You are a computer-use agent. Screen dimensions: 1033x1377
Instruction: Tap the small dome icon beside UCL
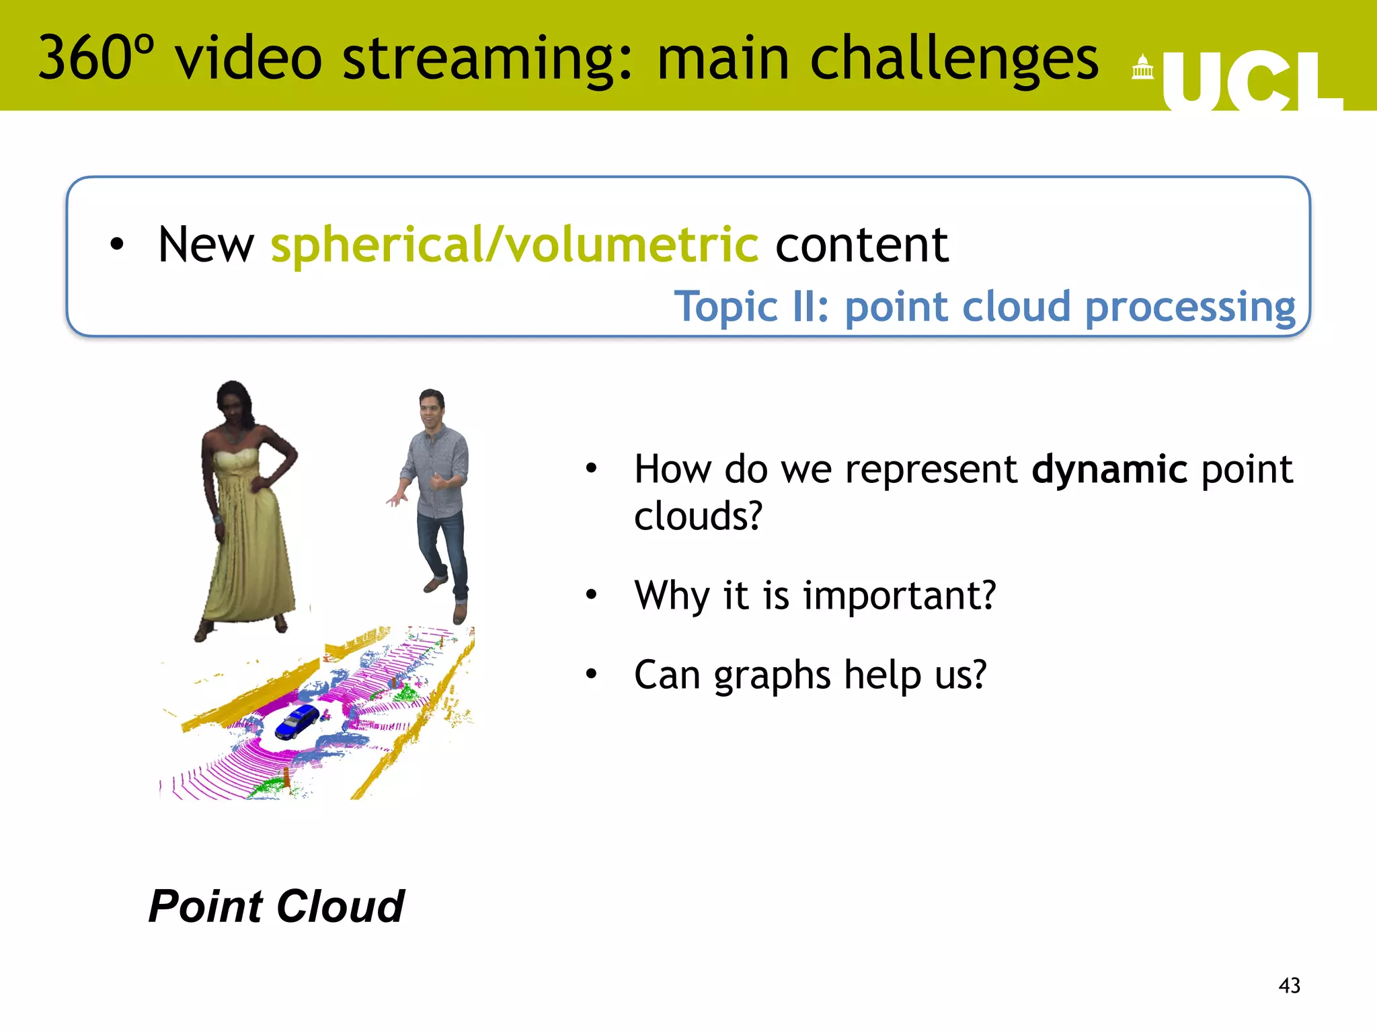point(1142,68)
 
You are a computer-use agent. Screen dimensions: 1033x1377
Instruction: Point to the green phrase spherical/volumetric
point(514,245)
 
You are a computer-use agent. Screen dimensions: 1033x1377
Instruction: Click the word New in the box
point(206,245)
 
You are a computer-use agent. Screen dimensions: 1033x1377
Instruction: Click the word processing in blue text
point(1190,307)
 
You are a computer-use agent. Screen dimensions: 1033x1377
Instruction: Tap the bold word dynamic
point(1109,469)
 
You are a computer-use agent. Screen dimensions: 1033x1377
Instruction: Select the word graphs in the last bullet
point(773,675)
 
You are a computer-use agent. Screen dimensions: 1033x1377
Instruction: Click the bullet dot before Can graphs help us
point(591,674)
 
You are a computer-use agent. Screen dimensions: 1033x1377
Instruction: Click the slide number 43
point(1289,986)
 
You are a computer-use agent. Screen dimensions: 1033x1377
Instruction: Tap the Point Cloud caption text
point(276,907)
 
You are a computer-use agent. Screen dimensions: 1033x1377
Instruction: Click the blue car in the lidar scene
point(297,722)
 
